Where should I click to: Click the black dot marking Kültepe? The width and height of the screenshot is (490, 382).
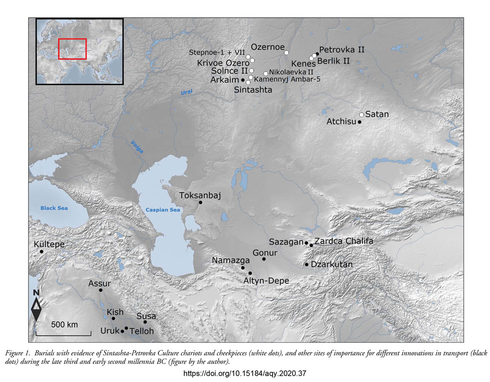point(42,252)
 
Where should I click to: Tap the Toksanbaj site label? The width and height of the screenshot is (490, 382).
point(200,195)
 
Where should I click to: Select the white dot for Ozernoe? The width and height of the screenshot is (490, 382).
point(287,52)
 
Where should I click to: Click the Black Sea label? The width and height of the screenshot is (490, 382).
point(54,208)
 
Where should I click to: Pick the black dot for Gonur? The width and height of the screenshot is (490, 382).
point(264,259)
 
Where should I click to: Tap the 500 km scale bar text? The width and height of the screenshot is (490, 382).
point(65,325)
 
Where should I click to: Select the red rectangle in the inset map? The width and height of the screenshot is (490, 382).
point(72,48)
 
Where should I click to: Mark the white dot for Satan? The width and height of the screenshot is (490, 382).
point(362,115)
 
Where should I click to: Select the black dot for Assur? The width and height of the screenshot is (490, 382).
point(100,290)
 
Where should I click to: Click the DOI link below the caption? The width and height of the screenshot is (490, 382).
point(244,373)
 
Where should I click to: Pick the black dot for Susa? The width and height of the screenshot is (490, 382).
point(145,322)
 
